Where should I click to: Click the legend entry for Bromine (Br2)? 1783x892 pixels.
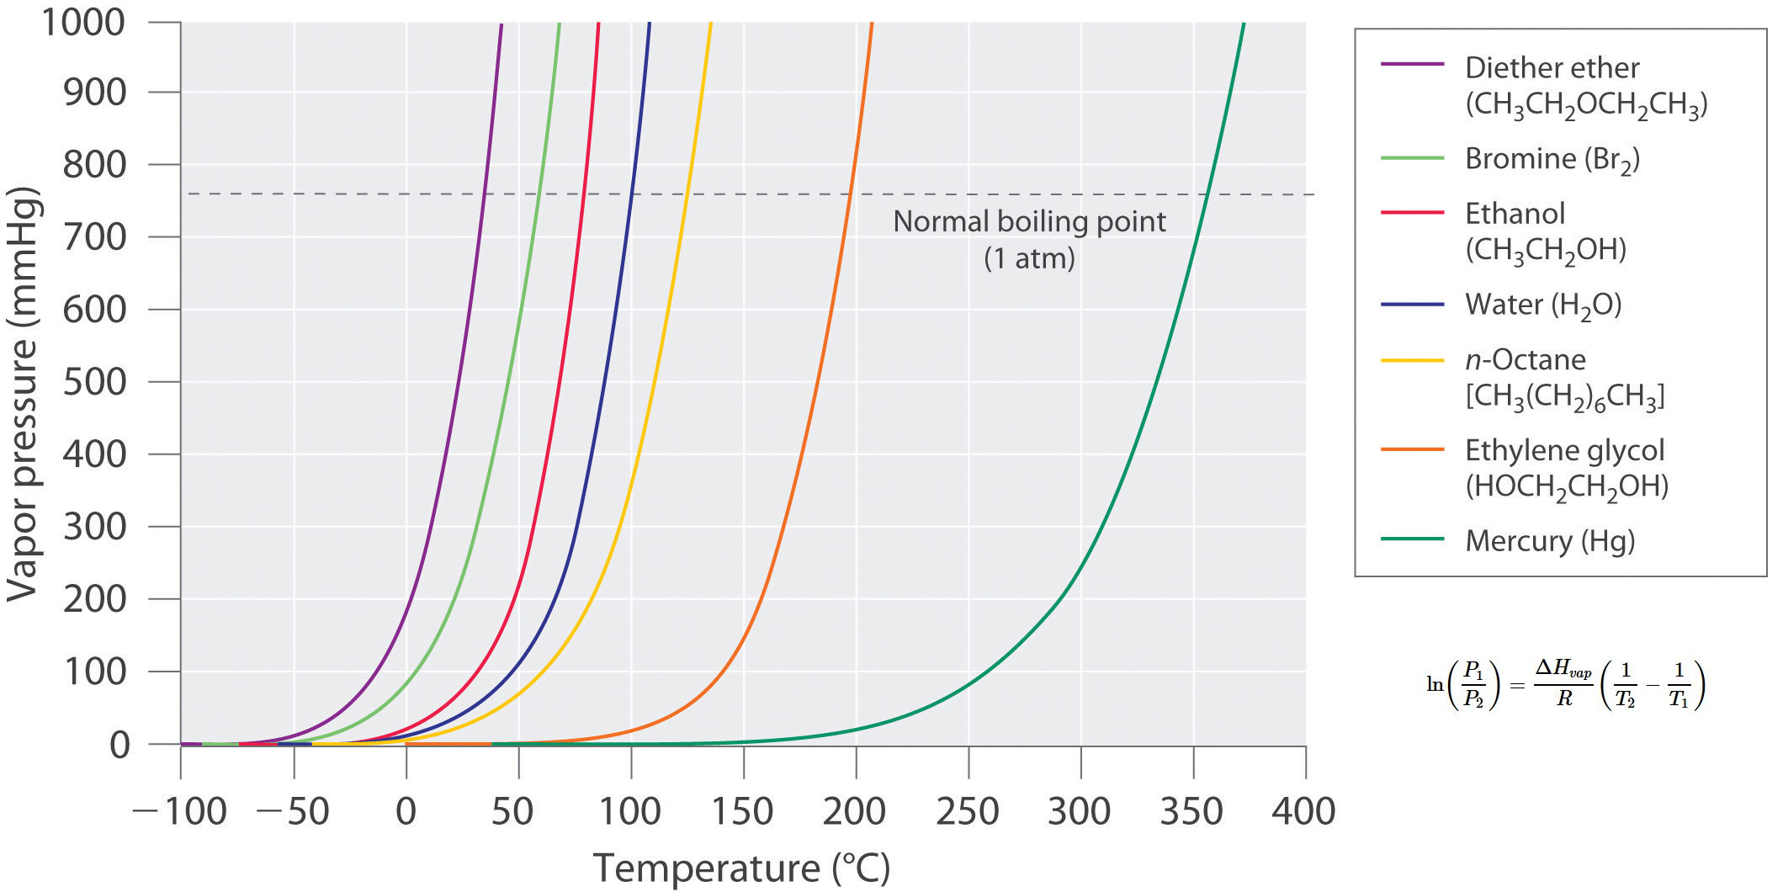[1552, 159]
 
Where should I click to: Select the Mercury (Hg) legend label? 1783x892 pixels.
[1549, 541]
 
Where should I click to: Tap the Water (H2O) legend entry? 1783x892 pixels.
[1542, 305]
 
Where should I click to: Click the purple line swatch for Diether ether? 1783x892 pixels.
[1411, 64]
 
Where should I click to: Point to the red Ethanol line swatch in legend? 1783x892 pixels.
[1411, 213]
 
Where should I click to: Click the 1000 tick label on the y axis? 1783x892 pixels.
[82, 22]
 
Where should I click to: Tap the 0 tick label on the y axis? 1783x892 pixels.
[119, 745]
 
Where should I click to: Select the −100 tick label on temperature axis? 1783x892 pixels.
[179, 812]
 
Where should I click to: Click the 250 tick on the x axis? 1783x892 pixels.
[968, 812]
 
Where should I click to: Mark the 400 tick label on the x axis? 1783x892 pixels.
[1303, 812]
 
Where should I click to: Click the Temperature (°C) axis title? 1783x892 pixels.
[741, 868]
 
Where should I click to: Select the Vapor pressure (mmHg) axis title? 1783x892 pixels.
[23, 394]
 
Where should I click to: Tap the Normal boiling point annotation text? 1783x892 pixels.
[1029, 221]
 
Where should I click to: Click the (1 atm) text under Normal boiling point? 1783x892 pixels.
[1029, 258]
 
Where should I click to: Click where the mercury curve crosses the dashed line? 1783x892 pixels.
[1205, 194]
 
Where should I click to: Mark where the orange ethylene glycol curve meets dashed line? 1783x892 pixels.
[851, 194]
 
